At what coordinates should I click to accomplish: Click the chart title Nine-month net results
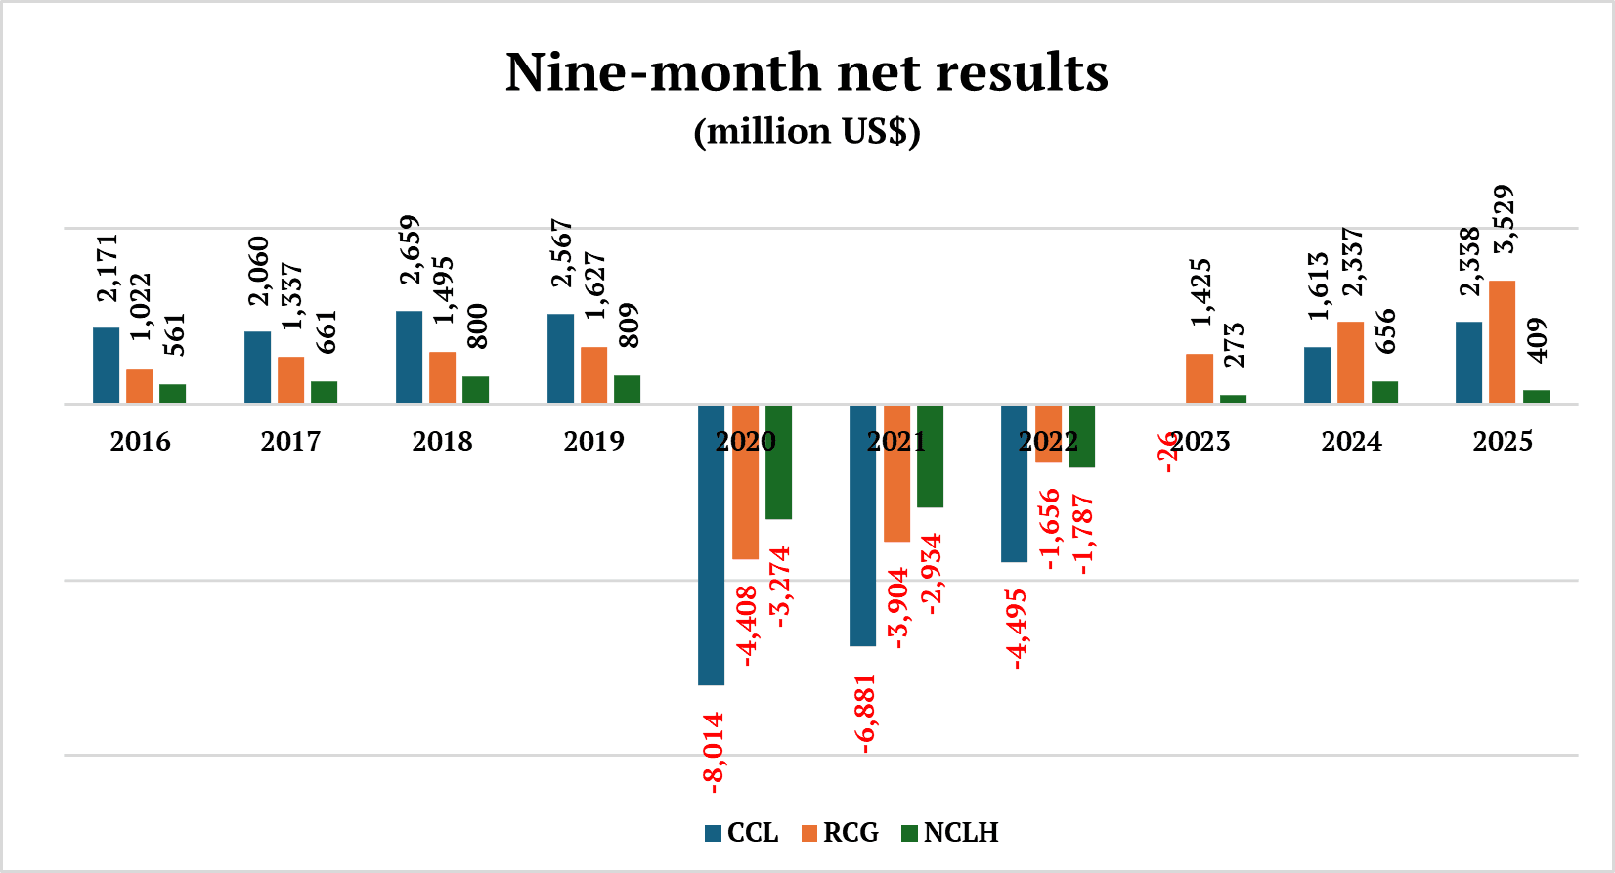tap(807, 72)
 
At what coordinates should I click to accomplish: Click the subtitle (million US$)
tap(807, 131)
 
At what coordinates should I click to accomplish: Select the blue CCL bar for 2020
tap(711, 544)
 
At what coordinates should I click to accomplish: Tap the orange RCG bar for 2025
tap(1502, 341)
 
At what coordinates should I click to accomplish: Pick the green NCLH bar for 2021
tap(930, 456)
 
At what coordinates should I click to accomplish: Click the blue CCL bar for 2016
tap(106, 365)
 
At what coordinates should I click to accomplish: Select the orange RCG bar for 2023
tap(1199, 378)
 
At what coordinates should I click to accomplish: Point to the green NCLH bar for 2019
tap(627, 389)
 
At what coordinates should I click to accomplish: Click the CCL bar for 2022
tap(1014, 483)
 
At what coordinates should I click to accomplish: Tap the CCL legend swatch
tap(714, 834)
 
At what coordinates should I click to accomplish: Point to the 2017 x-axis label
tap(290, 441)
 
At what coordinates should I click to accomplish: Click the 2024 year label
tap(1351, 441)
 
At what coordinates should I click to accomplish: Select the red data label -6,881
tap(865, 714)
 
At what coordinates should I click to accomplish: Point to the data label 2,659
tap(409, 249)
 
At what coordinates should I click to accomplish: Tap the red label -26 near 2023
tap(1169, 452)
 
